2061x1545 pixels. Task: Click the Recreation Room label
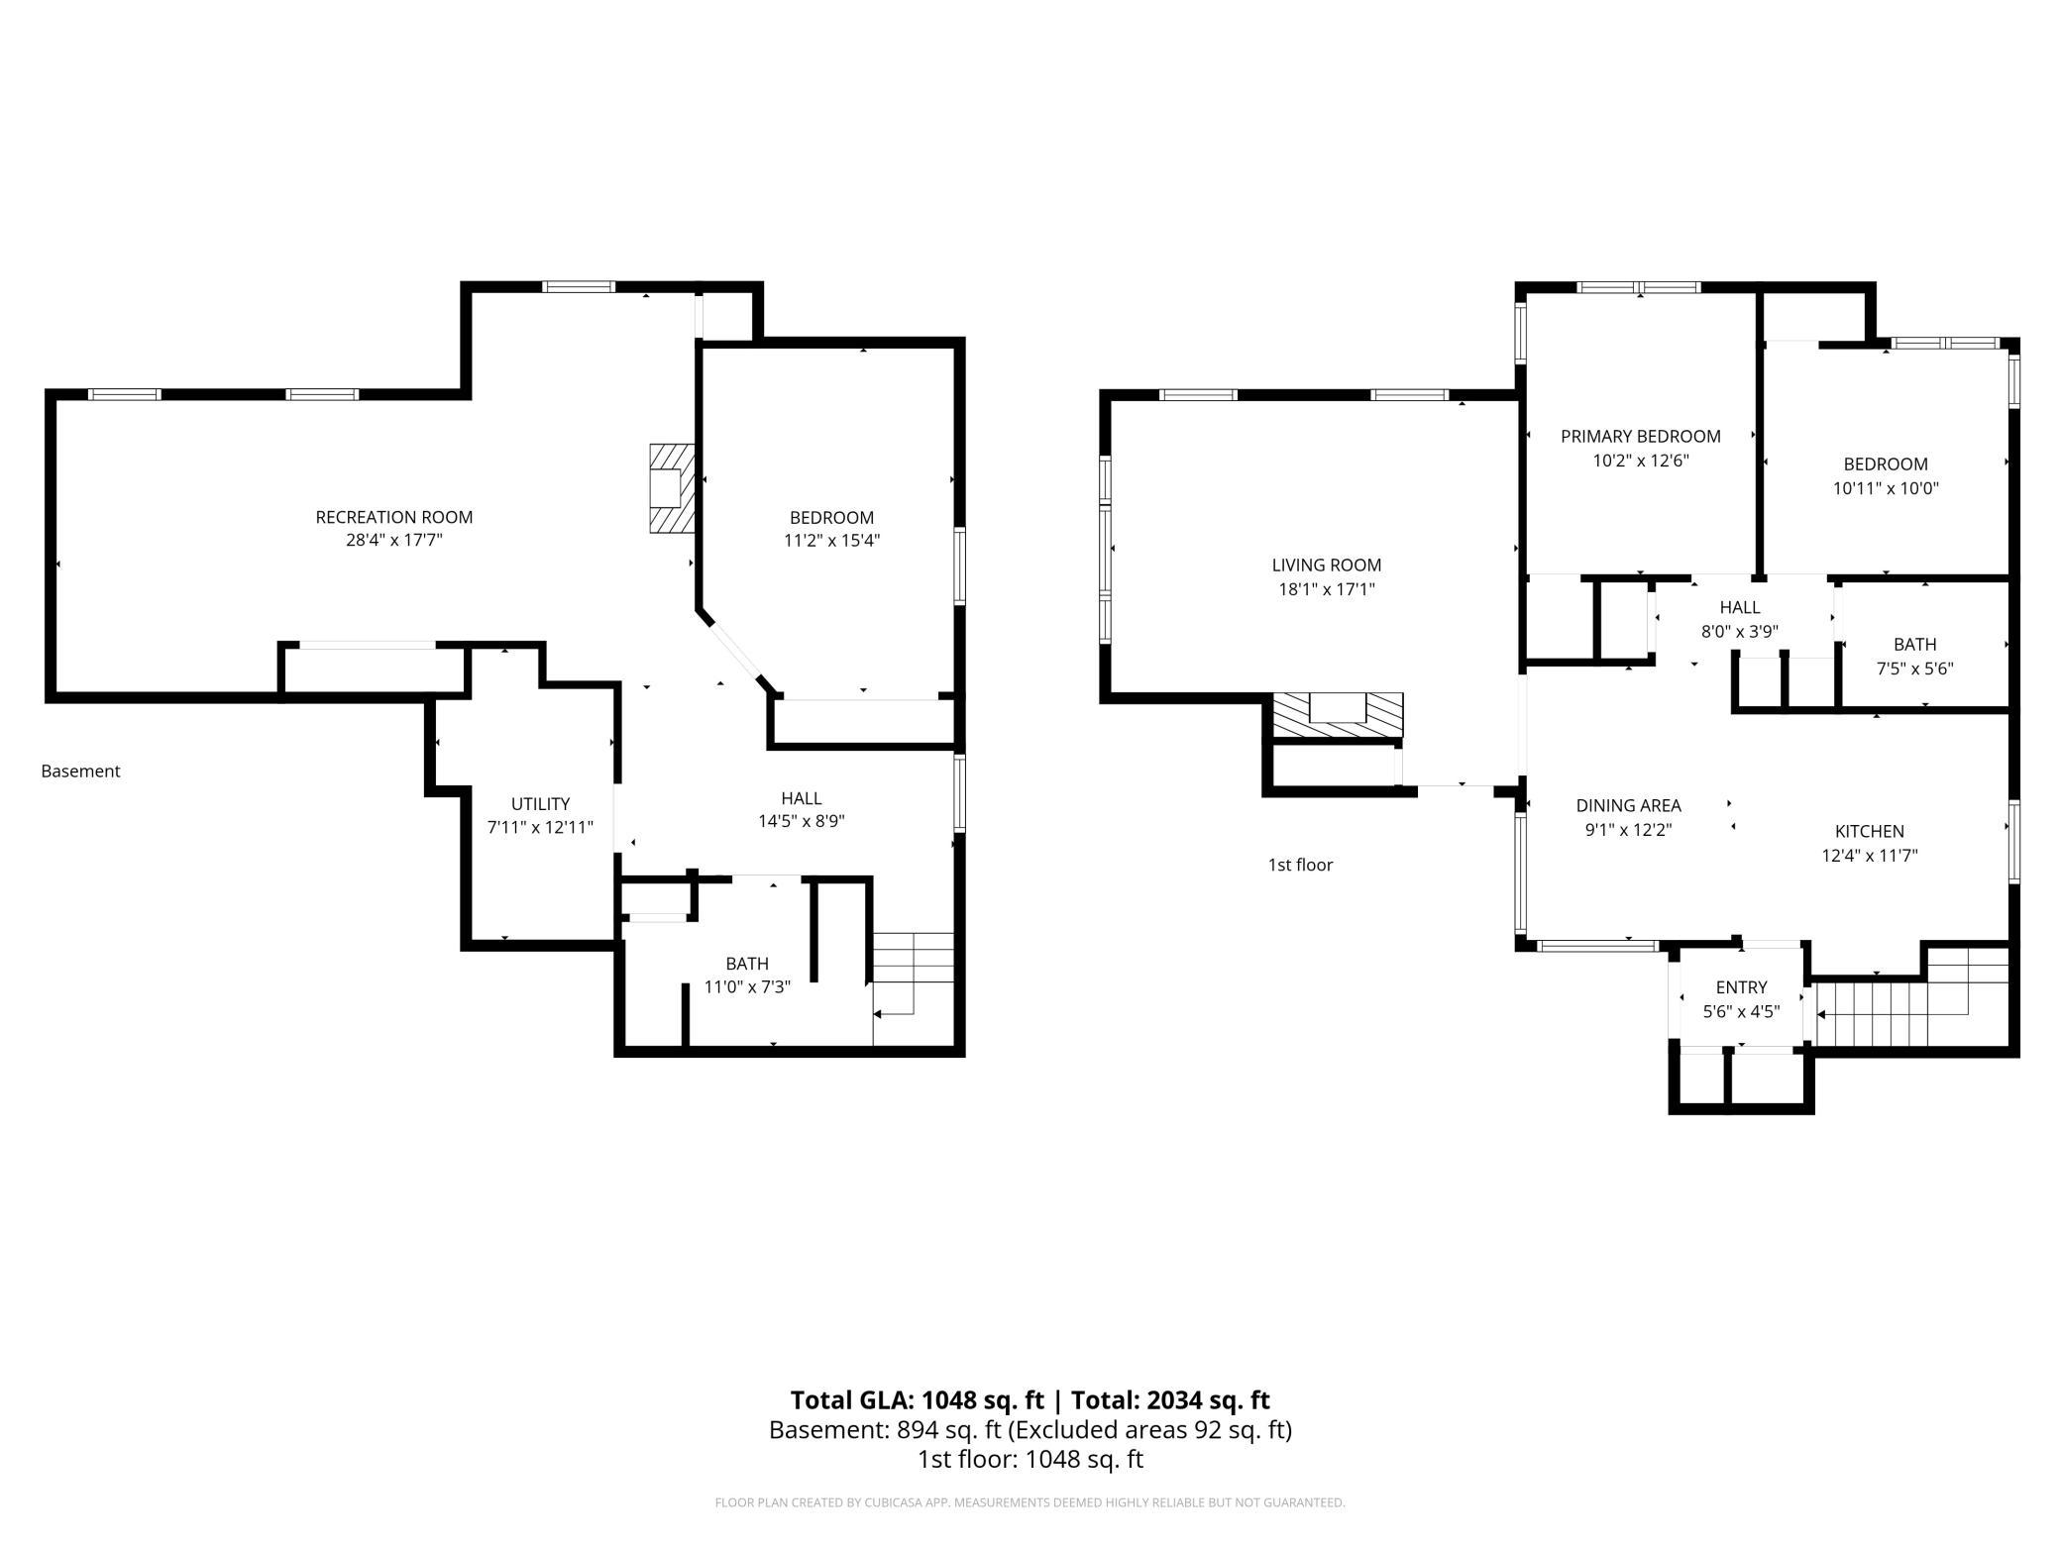pos(393,517)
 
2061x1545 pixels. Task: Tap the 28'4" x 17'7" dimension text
pos(393,541)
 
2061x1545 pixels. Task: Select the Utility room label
pos(540,804)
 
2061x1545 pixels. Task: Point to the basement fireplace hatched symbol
pos(671,488)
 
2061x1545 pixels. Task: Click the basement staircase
pos(913,988)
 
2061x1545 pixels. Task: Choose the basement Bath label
pos(747,964)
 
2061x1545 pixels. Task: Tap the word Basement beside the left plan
pos(80,772)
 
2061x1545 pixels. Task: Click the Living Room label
pos(1327,566)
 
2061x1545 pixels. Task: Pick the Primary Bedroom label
pos(1641,437)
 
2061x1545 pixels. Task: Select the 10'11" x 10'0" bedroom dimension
pos(1886,488)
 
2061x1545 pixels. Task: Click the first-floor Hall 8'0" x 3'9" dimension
pos(1740,632)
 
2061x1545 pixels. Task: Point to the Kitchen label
pos(1870,832)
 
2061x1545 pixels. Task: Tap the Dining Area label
pos(1629,806)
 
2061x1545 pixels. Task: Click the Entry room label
pos(1741,987)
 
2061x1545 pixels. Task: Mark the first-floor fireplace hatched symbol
pos(1338,715)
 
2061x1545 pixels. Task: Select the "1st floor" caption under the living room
pos(1301,866)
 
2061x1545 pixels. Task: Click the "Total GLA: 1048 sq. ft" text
pos(918,1400)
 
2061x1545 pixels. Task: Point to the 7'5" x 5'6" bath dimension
pos(1915,669)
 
